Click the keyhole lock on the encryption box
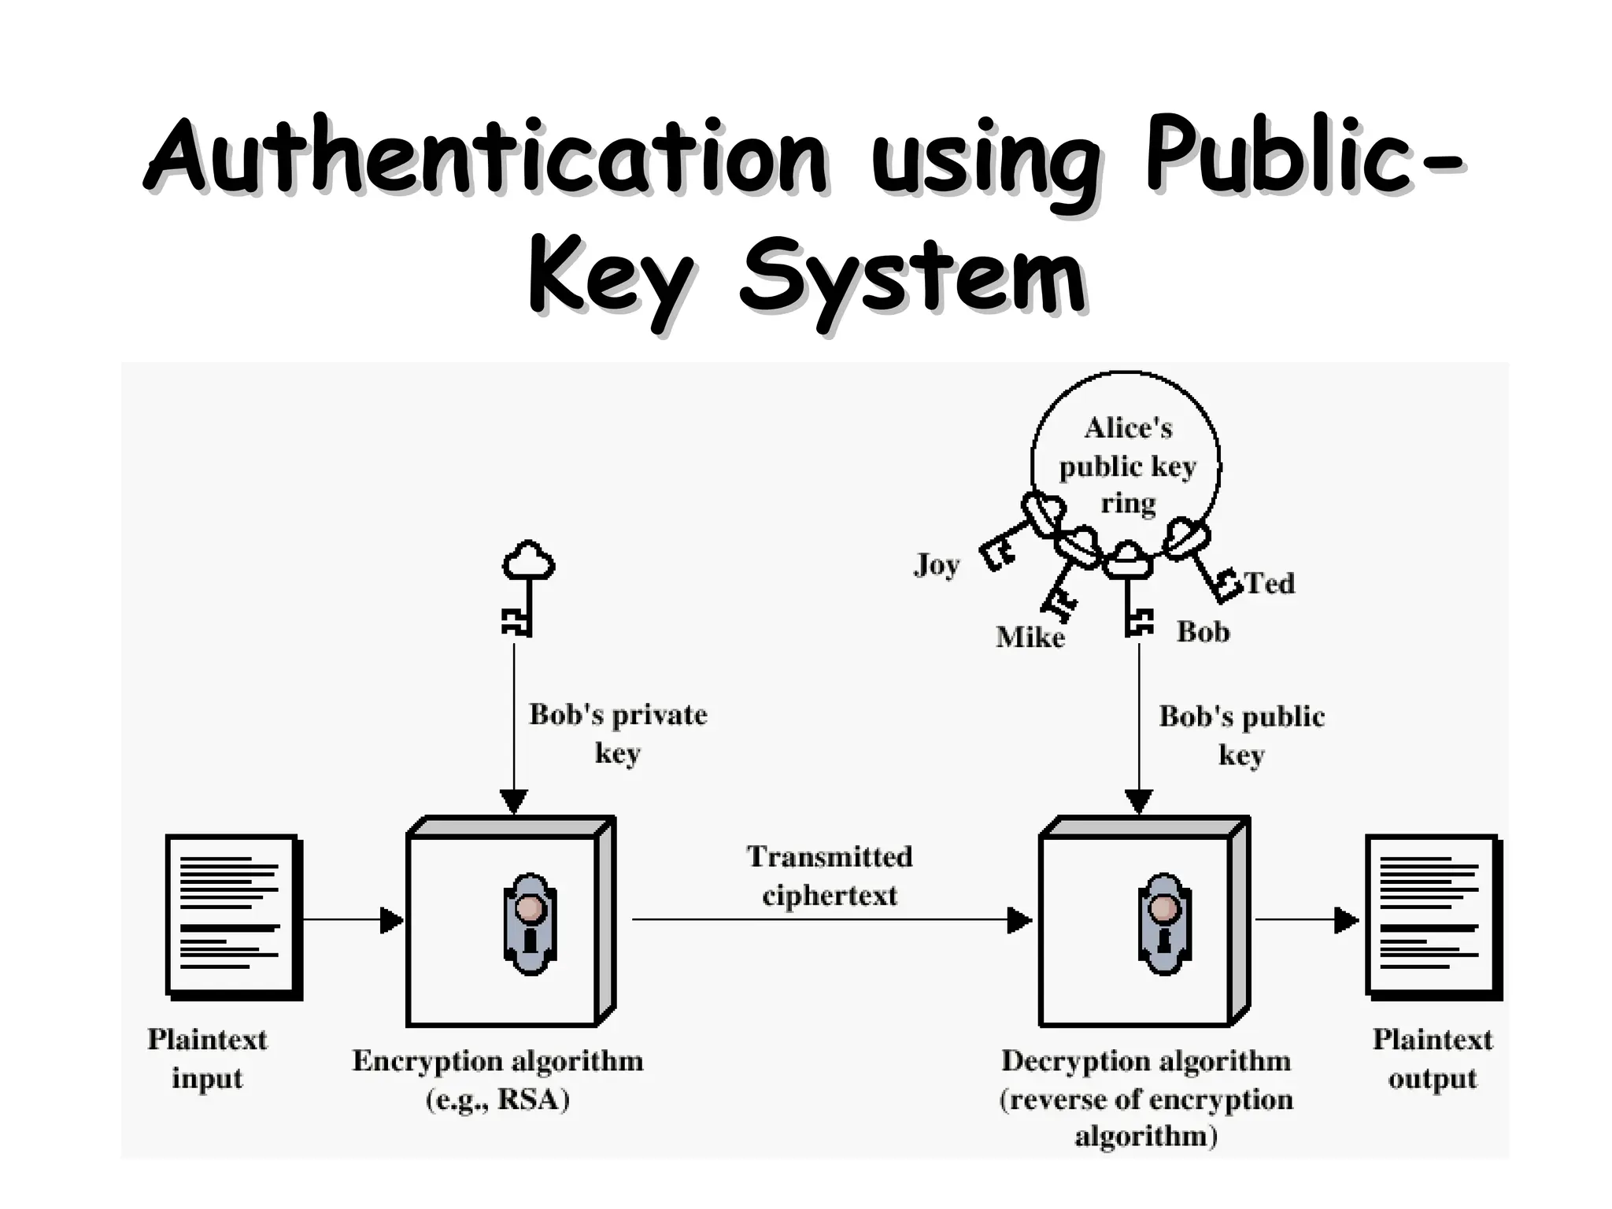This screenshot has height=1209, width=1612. (530, 923)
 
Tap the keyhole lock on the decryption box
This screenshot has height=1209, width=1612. (1164, 923)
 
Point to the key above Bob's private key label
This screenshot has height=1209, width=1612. (525, 586)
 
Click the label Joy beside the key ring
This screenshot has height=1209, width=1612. (937, 565)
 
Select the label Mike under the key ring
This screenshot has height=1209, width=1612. (1030, 637)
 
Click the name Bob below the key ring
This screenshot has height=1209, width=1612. (1203, 631)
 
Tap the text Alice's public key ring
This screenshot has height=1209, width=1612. (1128, 466)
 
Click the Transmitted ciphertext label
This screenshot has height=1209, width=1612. (830, 875)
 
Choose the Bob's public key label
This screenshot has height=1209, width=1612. (1241, 735)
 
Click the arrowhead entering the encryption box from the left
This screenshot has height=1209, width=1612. (391, 919)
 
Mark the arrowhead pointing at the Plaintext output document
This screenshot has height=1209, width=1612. (1347, 919)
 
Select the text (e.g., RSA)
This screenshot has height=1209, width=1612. (497, 1100)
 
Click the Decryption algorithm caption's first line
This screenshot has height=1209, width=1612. (1146, 1061)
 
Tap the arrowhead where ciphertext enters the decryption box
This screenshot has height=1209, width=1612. (1019, 919)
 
